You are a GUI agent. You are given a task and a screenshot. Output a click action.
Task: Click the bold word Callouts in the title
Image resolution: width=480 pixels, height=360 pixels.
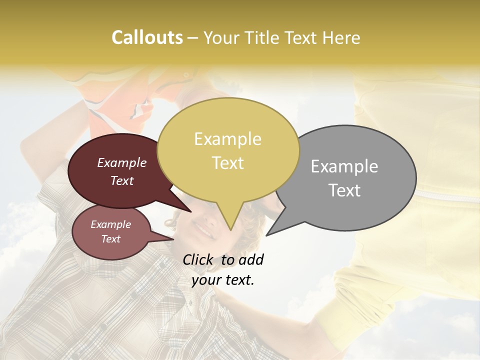[147, 37]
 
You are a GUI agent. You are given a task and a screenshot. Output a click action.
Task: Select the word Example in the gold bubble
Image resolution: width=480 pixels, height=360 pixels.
[227, 139]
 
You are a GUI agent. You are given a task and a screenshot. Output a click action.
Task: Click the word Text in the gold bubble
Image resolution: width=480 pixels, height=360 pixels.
[228, 162]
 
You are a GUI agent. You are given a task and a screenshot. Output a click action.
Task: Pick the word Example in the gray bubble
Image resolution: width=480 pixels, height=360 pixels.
[344, 166]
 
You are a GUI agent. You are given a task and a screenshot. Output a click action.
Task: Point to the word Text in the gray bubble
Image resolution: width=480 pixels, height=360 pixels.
[344, 190]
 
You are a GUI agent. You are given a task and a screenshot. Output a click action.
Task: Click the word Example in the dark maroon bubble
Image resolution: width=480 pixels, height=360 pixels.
[121, 162]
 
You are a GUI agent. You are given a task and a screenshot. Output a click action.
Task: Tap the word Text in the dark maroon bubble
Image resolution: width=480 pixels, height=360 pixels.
[121, 180]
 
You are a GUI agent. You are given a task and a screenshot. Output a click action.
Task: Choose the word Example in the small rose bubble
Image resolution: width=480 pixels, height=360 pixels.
[110, 224]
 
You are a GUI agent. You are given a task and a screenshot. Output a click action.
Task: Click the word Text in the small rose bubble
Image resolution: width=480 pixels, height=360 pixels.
[110, 239]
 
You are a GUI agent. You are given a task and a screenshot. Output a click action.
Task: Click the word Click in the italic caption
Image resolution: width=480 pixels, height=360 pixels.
[198, 259]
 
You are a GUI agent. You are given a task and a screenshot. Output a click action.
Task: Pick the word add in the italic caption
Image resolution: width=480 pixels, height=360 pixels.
[251, 259]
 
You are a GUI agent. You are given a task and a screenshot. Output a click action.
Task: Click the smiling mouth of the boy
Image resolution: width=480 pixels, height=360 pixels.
[204, 230]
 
